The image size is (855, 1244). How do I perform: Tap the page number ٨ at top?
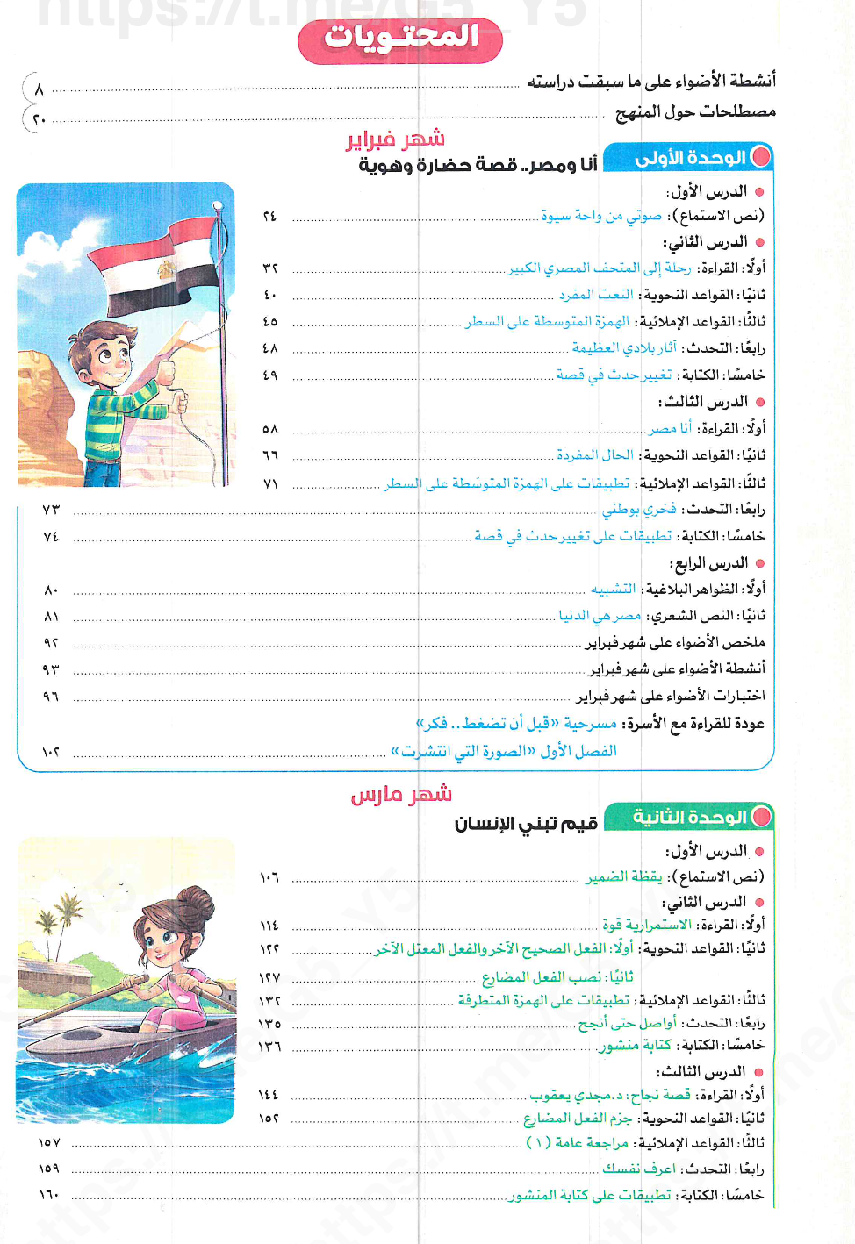tap(39, 89)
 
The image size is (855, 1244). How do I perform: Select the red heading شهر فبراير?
tap(396, 139)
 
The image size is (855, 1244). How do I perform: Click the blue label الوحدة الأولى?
tap(691, 158)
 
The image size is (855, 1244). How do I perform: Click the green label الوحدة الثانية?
tap(690, 818)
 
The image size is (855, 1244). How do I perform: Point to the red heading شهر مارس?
tap(401, 795)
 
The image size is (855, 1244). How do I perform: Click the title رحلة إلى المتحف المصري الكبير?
tap(600, 268)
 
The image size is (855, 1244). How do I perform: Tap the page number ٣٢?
tap(269, 268)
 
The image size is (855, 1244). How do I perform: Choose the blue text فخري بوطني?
tap(638, 510)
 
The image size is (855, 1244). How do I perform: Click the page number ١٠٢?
tap(50, 752)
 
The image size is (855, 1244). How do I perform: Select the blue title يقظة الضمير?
tap(623, 877)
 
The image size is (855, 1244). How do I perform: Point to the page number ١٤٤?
tap(269, 1095)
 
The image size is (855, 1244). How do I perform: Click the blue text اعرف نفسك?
tap(638, 1169)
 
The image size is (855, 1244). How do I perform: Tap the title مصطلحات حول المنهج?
tap(695, 112)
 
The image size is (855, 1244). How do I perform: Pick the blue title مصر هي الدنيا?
tap(600, 616)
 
